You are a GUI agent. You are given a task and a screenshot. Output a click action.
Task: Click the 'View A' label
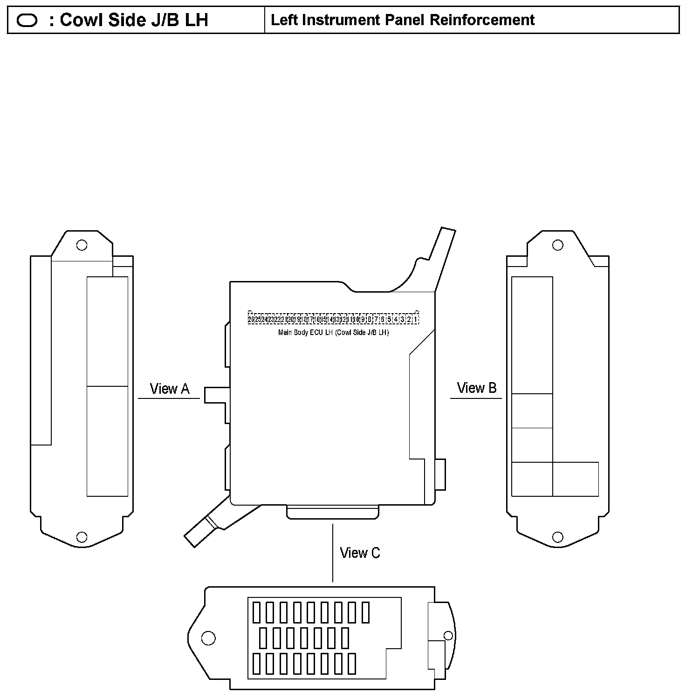point(169,389)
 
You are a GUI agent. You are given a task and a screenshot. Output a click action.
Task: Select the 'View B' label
point(476,388)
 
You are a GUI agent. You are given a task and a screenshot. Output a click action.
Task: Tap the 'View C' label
point(360,553)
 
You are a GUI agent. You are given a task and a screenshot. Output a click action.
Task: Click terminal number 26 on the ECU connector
point(251,320)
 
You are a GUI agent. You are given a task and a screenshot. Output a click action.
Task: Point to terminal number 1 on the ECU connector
point(416,320)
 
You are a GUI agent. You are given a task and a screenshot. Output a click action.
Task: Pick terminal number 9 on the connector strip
point(363,320)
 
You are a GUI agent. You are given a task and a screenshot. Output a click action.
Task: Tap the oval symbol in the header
point(27,21)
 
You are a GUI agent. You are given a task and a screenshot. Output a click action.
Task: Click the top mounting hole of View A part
point(82,245)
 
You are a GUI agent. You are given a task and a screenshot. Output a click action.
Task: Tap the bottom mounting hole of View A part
point(82,537)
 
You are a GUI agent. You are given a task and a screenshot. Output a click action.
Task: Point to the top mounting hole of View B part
point(557,245)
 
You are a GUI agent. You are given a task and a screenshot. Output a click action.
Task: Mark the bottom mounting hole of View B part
point(557,537)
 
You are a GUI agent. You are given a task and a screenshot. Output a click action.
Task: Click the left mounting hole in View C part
point(208,638)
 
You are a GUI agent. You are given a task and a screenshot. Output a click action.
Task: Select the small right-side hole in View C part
point(448,636)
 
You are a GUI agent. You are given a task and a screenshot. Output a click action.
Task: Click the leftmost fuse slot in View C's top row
point(256,612)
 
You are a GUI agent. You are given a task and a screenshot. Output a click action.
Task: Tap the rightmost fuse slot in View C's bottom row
point(352,664)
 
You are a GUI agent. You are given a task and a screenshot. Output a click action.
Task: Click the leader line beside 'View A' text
point(169,398)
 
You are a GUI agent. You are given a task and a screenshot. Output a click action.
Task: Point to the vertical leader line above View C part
point(332,553)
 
